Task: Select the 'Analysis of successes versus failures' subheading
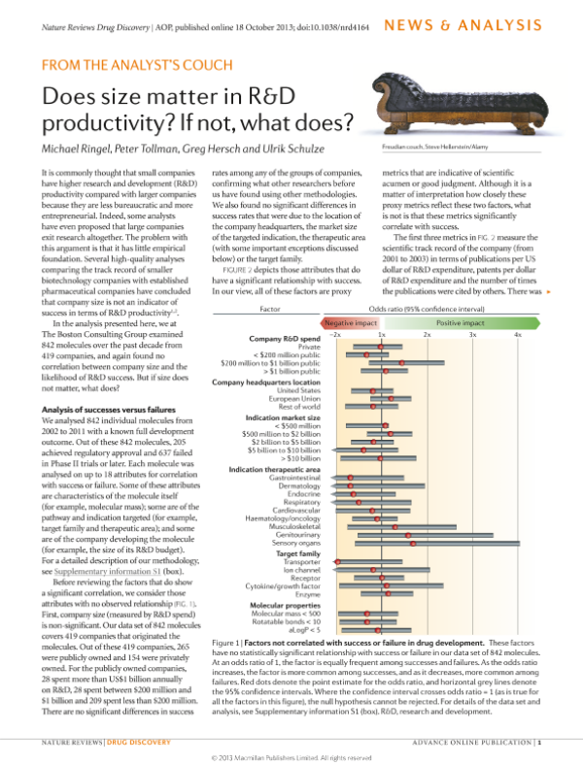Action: (109, 411)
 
